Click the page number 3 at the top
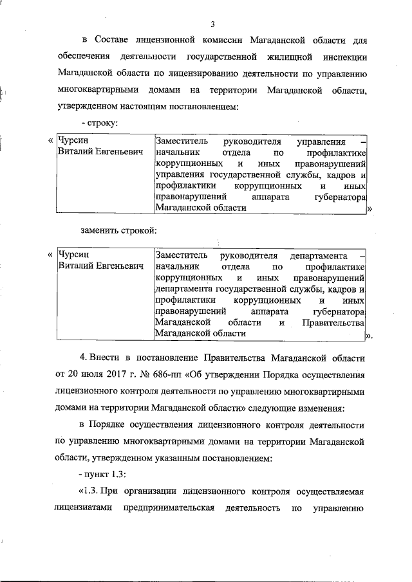pyautogui.click(x=212, y=25)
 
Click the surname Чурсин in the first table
pyautogui.click(x=72, y=141)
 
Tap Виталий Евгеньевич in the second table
pyautogui.click(x=100, y=266)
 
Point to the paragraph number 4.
pyautogui.click(x=82, y=358)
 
